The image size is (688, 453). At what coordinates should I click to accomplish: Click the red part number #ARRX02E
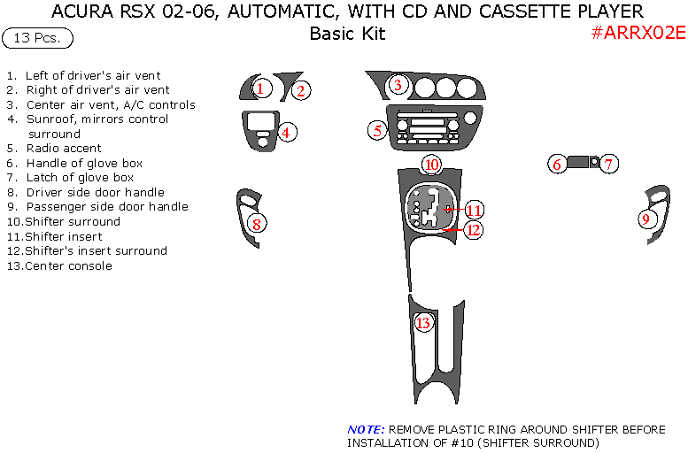638,34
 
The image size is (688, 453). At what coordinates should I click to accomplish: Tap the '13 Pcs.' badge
38,38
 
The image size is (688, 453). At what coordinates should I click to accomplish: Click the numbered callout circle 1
260,88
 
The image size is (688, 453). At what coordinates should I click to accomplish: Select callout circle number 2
301,89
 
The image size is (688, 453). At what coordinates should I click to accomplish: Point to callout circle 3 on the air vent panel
398,86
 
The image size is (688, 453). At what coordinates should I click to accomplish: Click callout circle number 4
286,133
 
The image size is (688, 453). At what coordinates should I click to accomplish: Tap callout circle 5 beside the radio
377,130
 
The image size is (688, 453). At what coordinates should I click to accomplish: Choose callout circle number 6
557,164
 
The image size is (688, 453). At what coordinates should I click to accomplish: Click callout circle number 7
608,164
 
